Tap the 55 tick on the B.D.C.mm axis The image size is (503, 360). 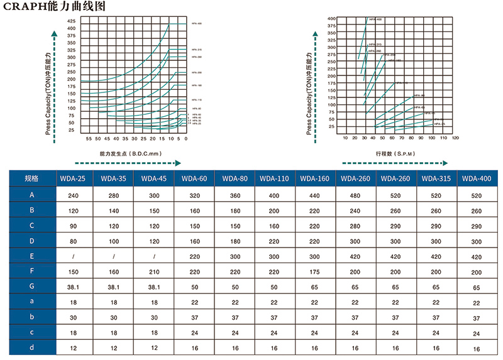[x=89, y=138]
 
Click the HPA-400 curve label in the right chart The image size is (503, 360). [x=375, y=20]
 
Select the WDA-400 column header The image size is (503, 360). [x=477, y=178]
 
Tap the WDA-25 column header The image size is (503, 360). [x=73, y=178]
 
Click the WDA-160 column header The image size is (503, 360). [x=314, y=178]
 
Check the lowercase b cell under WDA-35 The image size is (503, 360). [x=113, y=317]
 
